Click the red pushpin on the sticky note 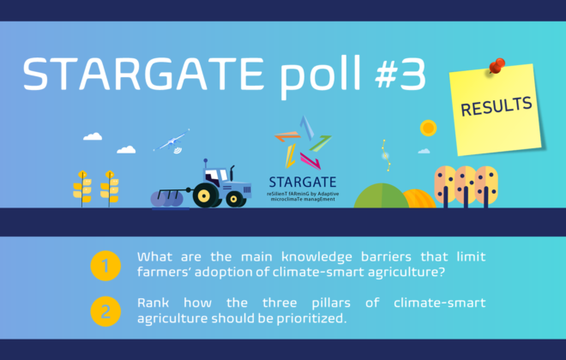pyautogui.click(x=497, y=66)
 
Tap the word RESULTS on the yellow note pyautogui.click(x=497, y=106)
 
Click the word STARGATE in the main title pyautogui.click(x=143, y=74)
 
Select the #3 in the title pyautogui.click(x=400, y=74)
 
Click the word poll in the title pyautogui.click(x=320, y=77)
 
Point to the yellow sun pyautogui.click(x=429, y=128)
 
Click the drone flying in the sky pyautogui.click(x=172, y=141)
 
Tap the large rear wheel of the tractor pyautogui.click(x=205, y=195)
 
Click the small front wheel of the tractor pyautogui.click(x=235, y=199)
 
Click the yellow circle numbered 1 pyautogui.click(x=105, y=266)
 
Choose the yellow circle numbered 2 pyautogui.click(x=105, y=312)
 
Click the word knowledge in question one pyautogui.click(x=316, y=257)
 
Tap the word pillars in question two pyautogui.click(x=331, y=303)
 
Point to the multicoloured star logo pyautogui.click(x=303, y=143)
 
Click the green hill pyautogui.click(x=381, y=196)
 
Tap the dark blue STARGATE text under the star pyautogui.click(x=303, y=183)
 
